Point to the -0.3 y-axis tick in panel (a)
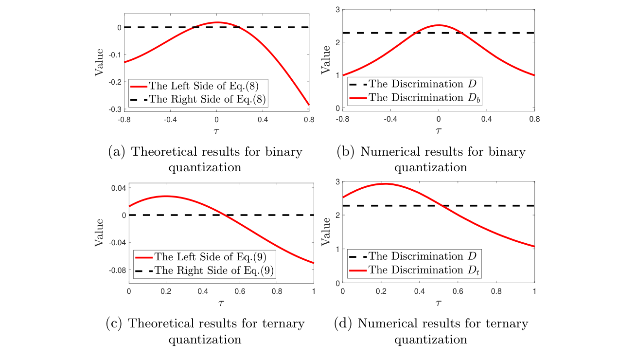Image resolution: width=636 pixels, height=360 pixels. click(x=115, y=109)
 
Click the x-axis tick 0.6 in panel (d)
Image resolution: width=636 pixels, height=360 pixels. click(x=458, y=291)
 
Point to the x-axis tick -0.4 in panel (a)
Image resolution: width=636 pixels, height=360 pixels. click(x=170, y=119)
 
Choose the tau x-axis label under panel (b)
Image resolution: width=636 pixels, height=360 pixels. click(x=438, y=131)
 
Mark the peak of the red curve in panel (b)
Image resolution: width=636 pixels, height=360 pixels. click(x=439, y=25)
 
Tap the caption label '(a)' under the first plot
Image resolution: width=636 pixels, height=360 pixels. click(x=117, y=152)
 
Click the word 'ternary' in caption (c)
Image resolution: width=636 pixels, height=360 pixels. click(x=283, y=324)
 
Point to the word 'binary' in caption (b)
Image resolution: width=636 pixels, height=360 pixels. click(x=507, y=152)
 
